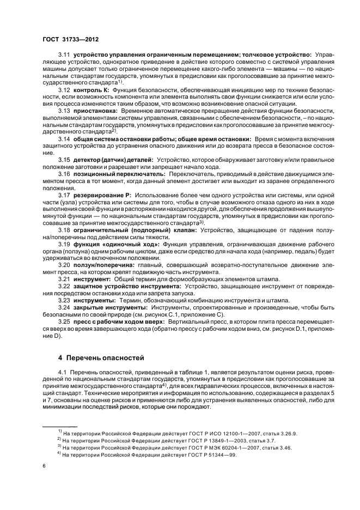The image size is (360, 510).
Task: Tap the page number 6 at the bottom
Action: [45, 466]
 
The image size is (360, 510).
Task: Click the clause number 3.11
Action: [65, 54]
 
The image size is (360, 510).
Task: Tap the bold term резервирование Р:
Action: [103, 195]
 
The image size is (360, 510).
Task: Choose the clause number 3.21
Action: [65, 279]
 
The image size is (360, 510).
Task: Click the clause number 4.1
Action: [63, 372]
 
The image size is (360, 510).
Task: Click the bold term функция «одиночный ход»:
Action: [113, 244]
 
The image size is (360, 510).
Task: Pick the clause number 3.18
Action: [65, 230]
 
